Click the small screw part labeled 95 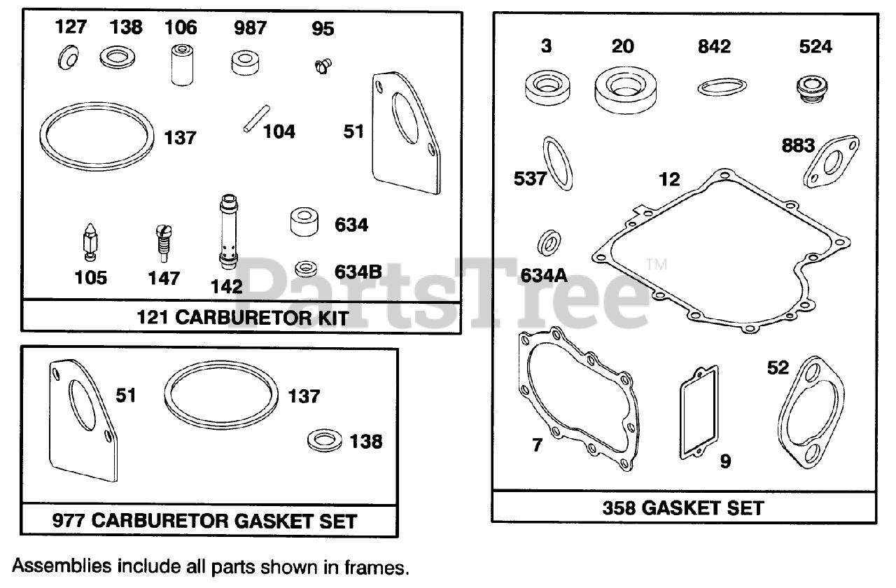pyautogui.click(x=322, y=66)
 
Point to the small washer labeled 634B pyautogui.click(x=305, y=268)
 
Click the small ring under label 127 pyautogui.click(x=66, y=57)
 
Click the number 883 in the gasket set pyautogui.click(x=798, y=146)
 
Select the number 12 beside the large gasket pyautogui.click(x=670, y=179)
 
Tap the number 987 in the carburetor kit pyautogui.click(x=250, y=28)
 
